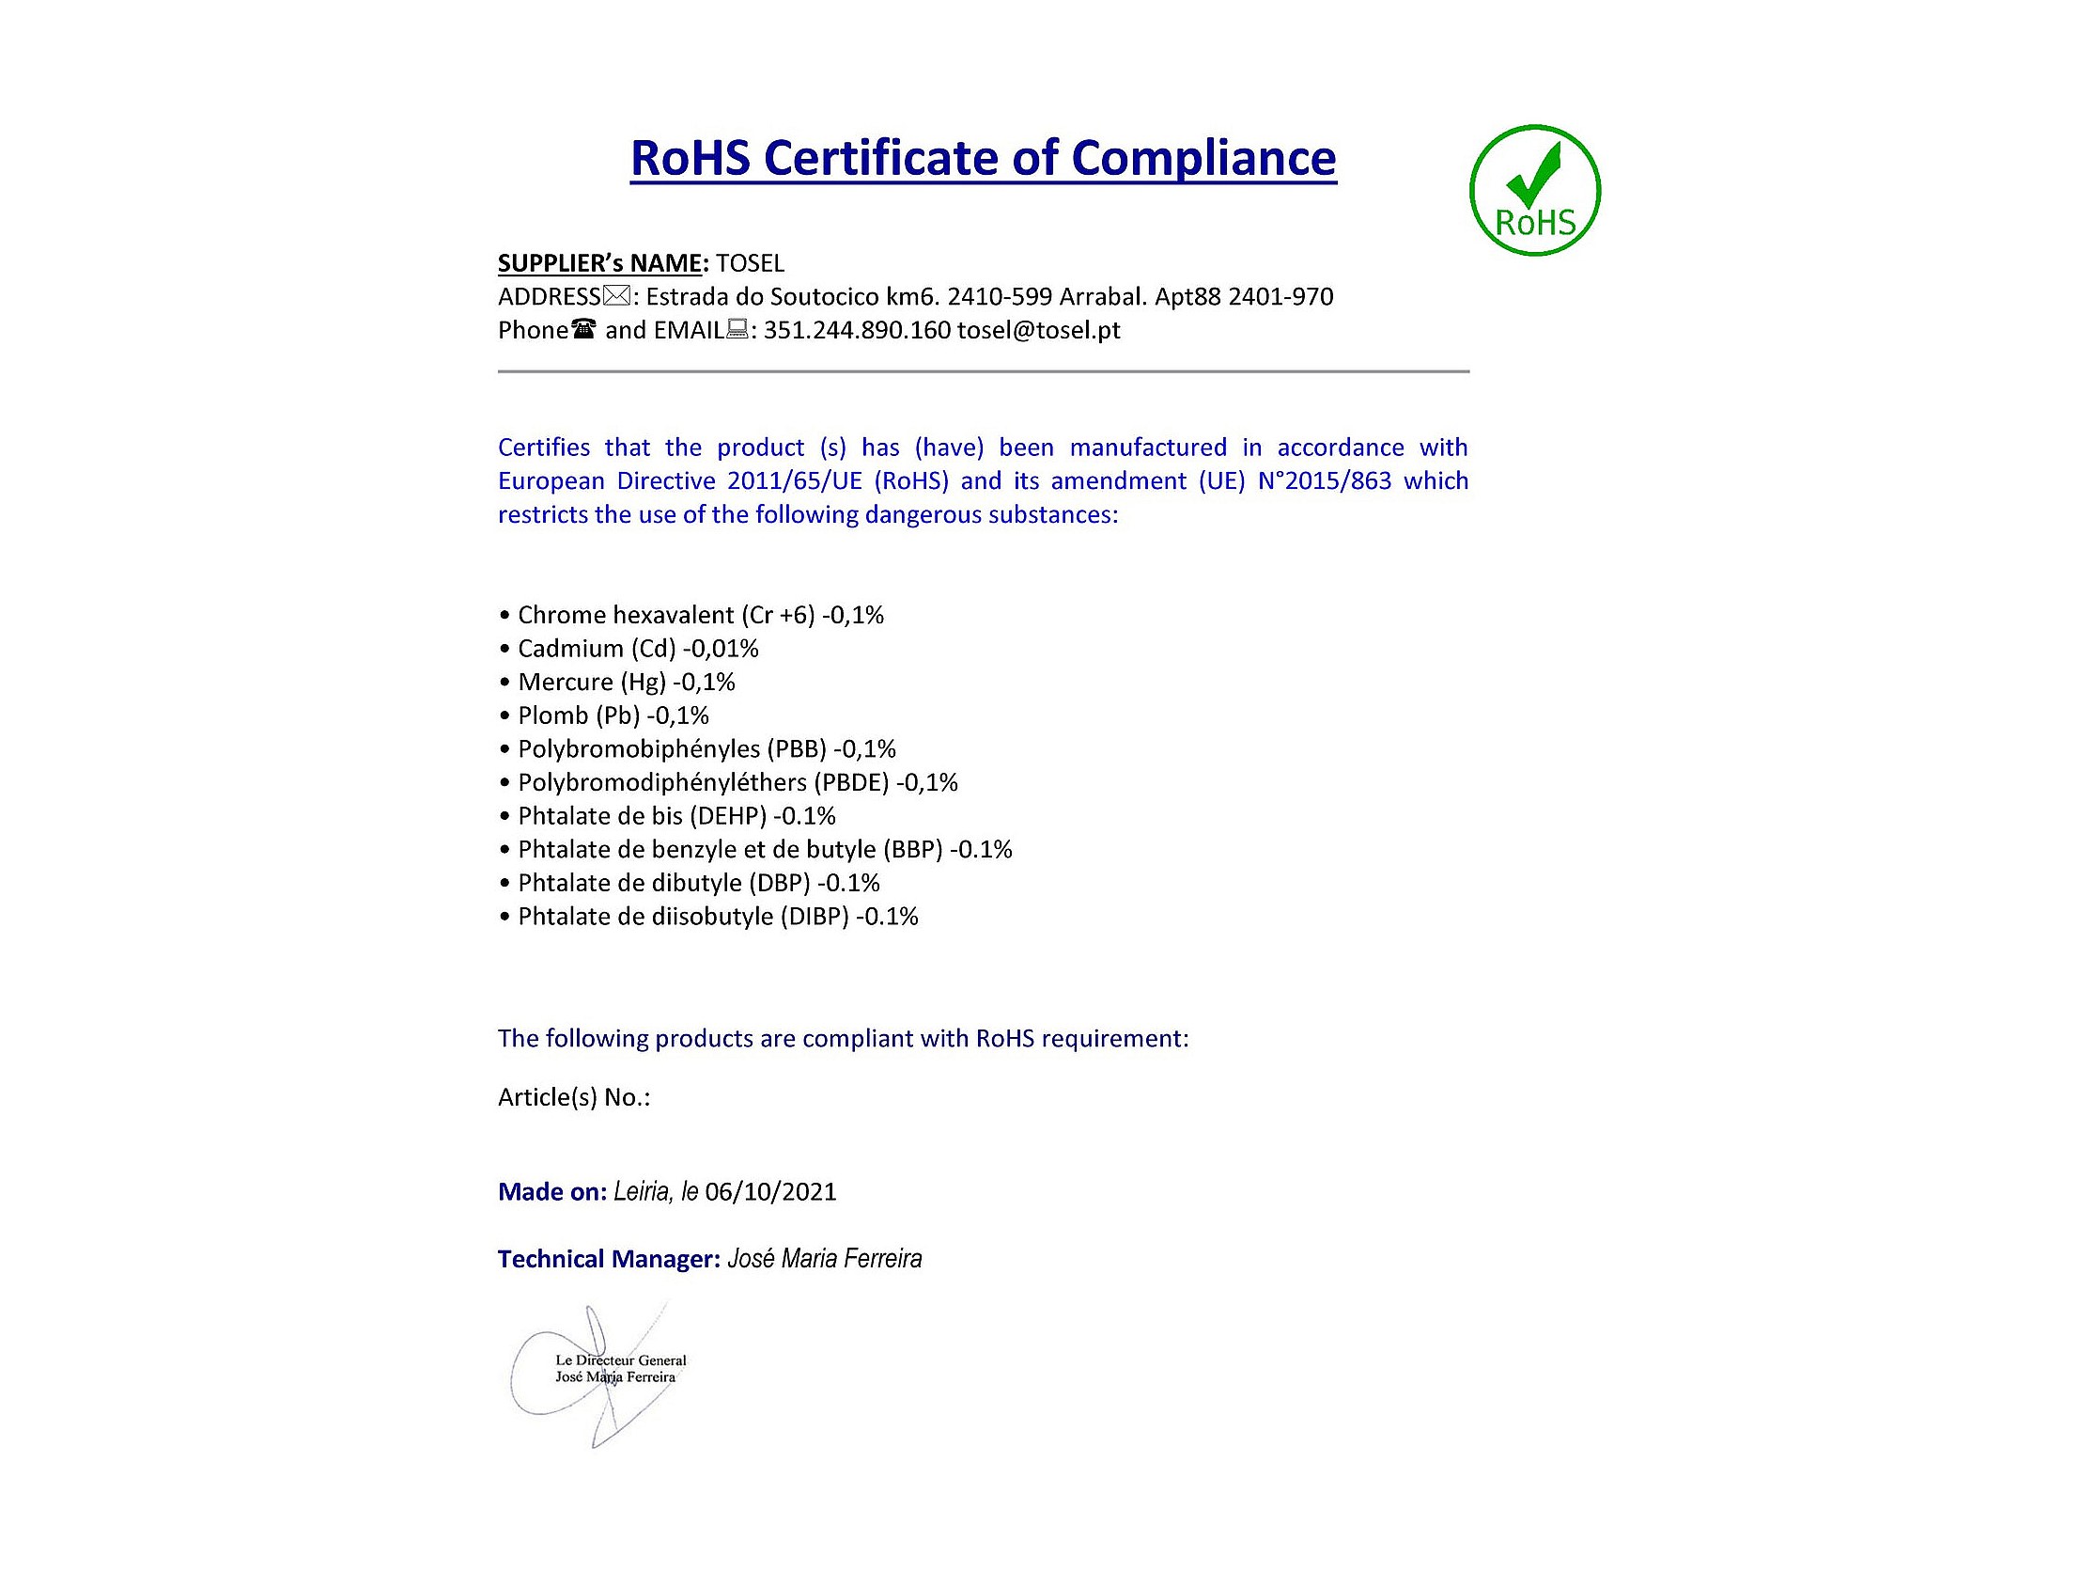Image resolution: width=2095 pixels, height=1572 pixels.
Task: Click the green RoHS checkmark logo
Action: pos(1534,191)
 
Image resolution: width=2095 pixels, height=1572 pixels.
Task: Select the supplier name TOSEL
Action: pos(750,263)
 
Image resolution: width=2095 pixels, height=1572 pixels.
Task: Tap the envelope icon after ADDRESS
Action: pos(615,296)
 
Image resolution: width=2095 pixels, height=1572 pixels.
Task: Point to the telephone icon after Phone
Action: pos(583,330)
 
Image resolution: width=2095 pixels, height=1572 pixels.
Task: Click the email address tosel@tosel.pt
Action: pos(1038,330)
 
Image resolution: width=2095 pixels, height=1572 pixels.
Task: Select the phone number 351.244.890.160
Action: pos(856,330)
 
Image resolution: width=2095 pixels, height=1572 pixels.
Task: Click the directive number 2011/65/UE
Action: pos(795,480)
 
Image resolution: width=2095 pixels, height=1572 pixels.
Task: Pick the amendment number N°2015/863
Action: pos(1324,480)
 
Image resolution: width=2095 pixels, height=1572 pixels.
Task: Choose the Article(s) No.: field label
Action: pos(574,1097)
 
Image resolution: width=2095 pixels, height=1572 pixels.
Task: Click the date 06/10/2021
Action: pos(771,1191)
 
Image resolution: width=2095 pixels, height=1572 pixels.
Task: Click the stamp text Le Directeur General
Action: pos(620,1360)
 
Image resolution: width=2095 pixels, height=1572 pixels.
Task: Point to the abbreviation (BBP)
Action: pos(913,849)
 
